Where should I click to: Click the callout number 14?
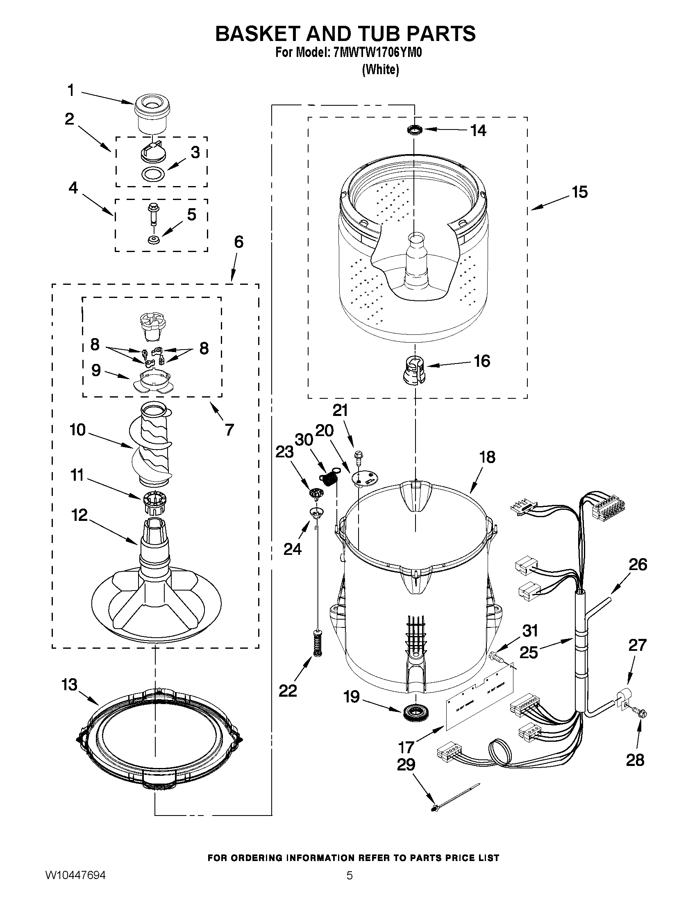(x=479, y=130)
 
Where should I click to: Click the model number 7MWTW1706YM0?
(x=377, y=53)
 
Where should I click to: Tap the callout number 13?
(x=69, y=685)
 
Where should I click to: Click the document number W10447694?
(x=75, y=886)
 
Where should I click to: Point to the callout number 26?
(x=637, y=565)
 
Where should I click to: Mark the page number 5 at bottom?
(x=350, y=886)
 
